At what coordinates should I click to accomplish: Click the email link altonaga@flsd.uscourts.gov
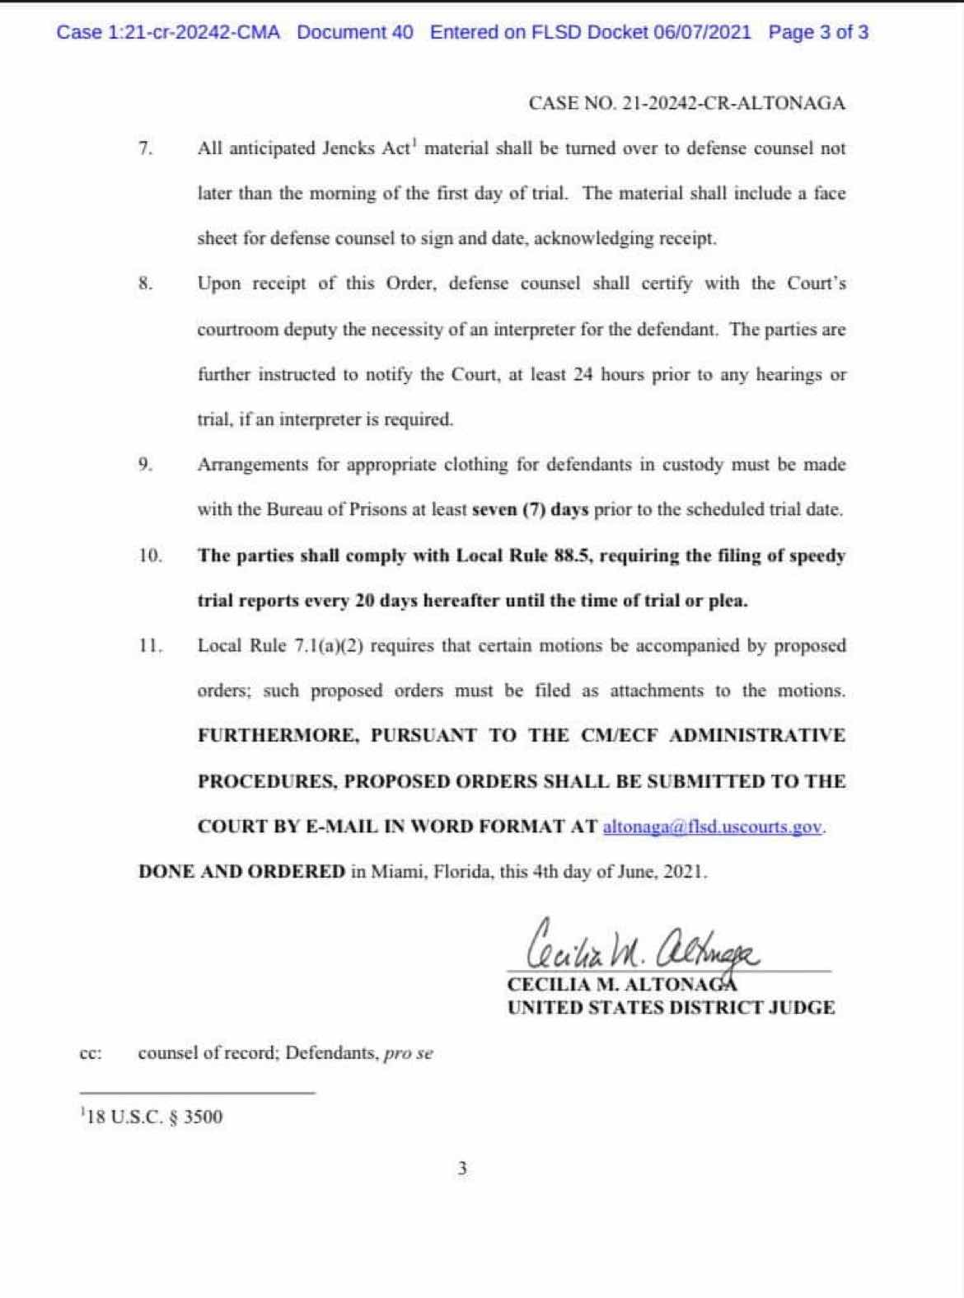(713, 827)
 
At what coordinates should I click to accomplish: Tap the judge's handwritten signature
(643, 948)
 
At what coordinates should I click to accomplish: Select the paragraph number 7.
(146, 149)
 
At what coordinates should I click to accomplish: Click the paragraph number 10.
(150, 555)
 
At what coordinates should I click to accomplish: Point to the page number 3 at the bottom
(462, 1168)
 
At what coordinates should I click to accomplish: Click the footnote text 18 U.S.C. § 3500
(152, 1118)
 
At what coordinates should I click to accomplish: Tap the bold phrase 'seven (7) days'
(530, 509)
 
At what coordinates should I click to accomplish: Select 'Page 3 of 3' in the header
(817, 33)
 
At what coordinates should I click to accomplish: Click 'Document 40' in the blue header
(355, 33)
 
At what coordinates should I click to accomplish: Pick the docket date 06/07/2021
(702, 33)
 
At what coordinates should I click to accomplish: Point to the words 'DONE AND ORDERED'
(241, 872)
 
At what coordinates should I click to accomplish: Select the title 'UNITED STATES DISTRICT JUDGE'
(671, 1007)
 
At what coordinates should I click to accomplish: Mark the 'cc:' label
(91, 1053)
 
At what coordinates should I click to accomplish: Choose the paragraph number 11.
(150, 646)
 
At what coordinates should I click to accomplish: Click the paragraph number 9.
(146, 465)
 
